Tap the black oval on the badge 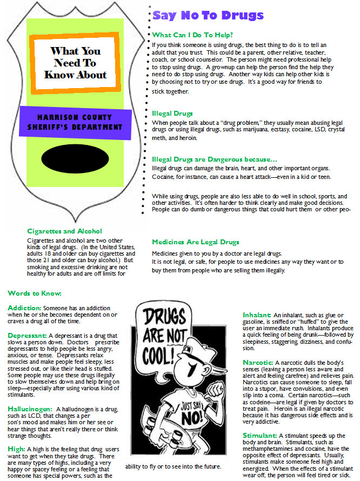78,162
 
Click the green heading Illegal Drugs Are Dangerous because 214,159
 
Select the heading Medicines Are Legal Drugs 195,242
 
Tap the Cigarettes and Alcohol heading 64,231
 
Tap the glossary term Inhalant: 256,315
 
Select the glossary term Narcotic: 257,362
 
